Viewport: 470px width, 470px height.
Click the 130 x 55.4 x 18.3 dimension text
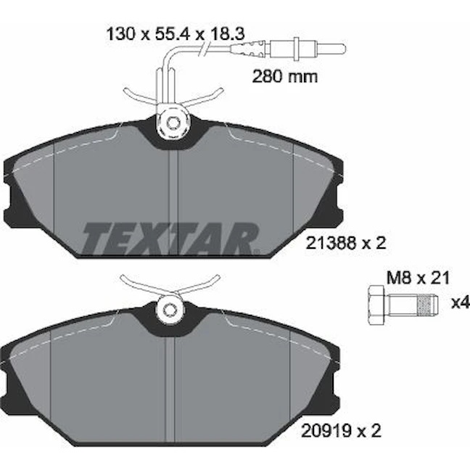tap(176, 34)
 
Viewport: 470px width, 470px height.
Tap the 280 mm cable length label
tap(285, 77)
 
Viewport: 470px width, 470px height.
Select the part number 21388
tap(331, 243)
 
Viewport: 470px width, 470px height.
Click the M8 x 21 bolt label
tap(419, 278)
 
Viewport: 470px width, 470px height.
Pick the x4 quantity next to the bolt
tap(461, 303)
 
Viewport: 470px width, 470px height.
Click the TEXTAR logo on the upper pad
tap(170, 238)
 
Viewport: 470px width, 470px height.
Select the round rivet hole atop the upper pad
tap(173, 123)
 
